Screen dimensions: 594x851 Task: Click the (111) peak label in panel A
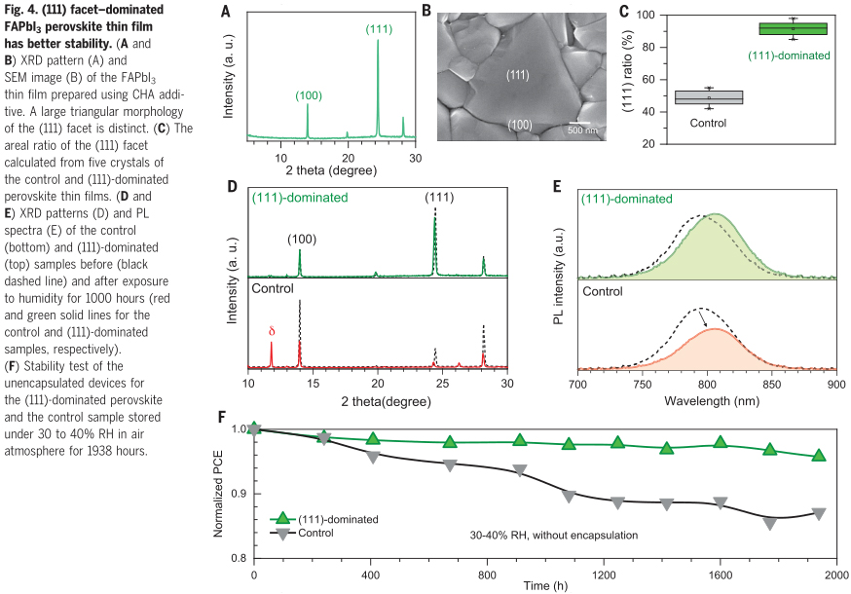380,29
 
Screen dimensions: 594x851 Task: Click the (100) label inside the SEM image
519,124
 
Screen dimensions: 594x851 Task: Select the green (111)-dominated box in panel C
793,28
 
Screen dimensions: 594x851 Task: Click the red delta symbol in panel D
271,331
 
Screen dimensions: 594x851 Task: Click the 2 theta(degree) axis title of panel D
375,399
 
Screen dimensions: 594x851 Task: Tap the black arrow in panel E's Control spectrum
706,317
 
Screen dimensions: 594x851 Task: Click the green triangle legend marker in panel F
282,520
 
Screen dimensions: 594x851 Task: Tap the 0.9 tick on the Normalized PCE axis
235,494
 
